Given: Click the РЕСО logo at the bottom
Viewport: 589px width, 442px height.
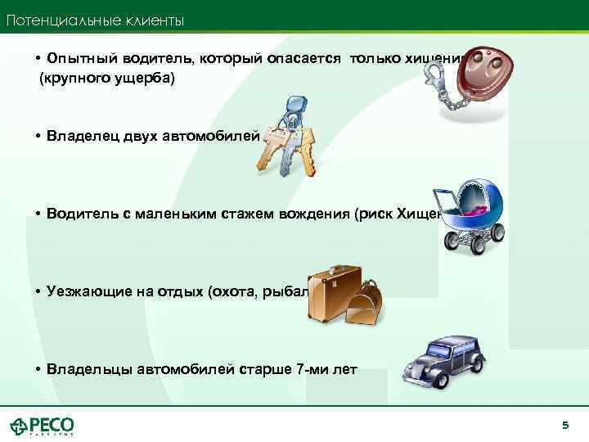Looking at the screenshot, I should tap(43, 426).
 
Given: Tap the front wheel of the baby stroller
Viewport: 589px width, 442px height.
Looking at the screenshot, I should tap(455, 241).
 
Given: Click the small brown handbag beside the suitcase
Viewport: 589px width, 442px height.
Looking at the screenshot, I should tap(363, 304).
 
